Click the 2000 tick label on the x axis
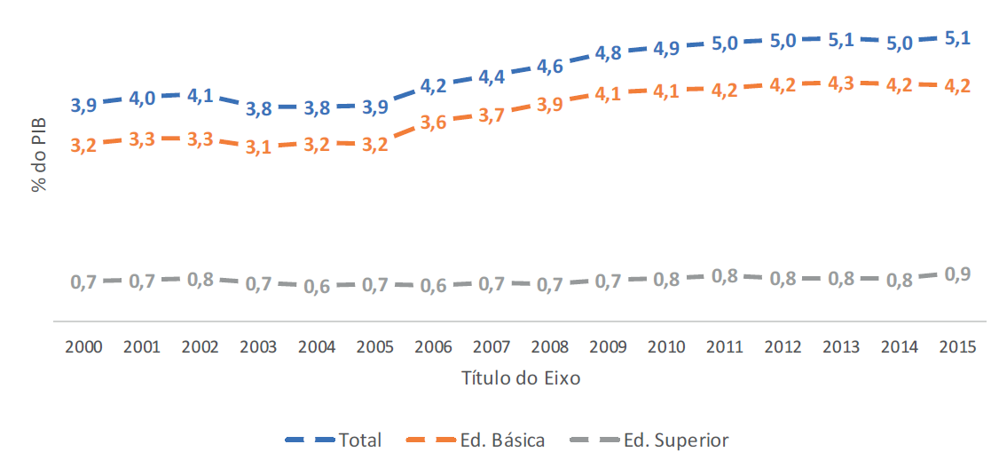pyautogui.click(x=83, y=347)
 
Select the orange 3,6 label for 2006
pyautogui.click(x=432, y=123)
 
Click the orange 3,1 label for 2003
pyautogui.click(x=258, y=147)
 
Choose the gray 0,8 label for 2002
pyautogui.click(x=200, y=279)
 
